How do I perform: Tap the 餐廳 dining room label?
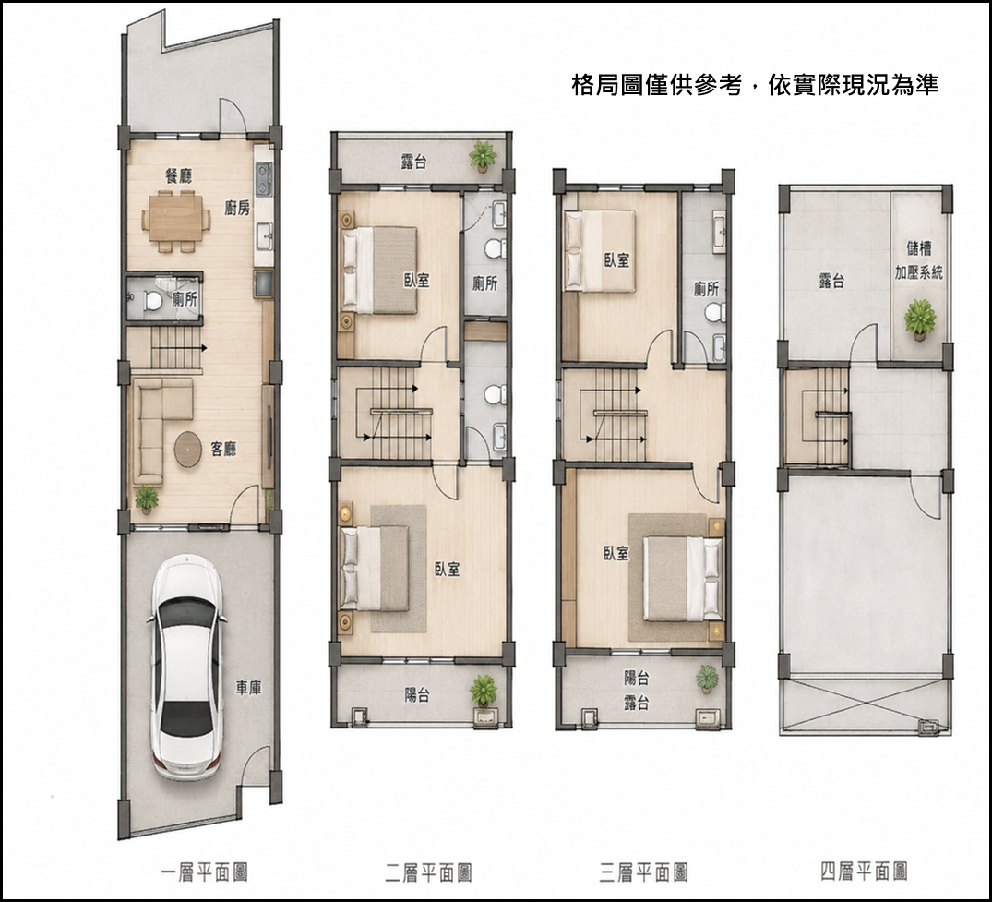click(178, 175)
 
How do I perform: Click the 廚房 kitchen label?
click(237, 208)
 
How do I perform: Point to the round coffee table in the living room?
click(188, 450)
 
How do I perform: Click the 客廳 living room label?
click(223, 450)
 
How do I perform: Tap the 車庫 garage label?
click(248, 688)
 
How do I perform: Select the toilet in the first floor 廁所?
click(152, 300)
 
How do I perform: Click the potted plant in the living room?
click(147, 499)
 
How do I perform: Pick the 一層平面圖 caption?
click(204, 872)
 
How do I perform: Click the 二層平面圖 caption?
click(428, 872)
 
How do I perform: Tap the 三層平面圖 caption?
click(643, 872)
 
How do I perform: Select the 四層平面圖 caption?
click(865, 872)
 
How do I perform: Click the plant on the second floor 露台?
click(483, 156)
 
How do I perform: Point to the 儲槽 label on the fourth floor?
click(918, 247)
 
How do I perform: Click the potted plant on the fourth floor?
click(920, 319)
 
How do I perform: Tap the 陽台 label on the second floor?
click(417, 695)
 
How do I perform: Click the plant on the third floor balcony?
click(707, 679)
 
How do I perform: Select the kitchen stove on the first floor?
click(264, 179)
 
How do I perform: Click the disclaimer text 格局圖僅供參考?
click(656, 84)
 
